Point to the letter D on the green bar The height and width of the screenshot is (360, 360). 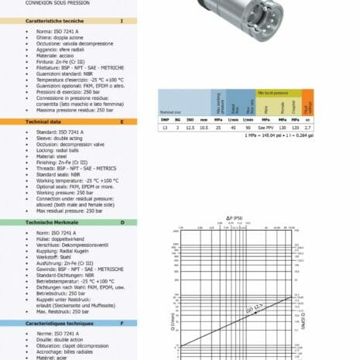point(122,222)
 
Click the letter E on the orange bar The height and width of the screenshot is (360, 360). point(122,122)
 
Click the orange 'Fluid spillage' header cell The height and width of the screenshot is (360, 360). point(308,103)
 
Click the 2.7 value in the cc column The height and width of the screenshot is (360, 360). point(308,129)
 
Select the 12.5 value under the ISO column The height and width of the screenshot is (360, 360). point(190,129)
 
